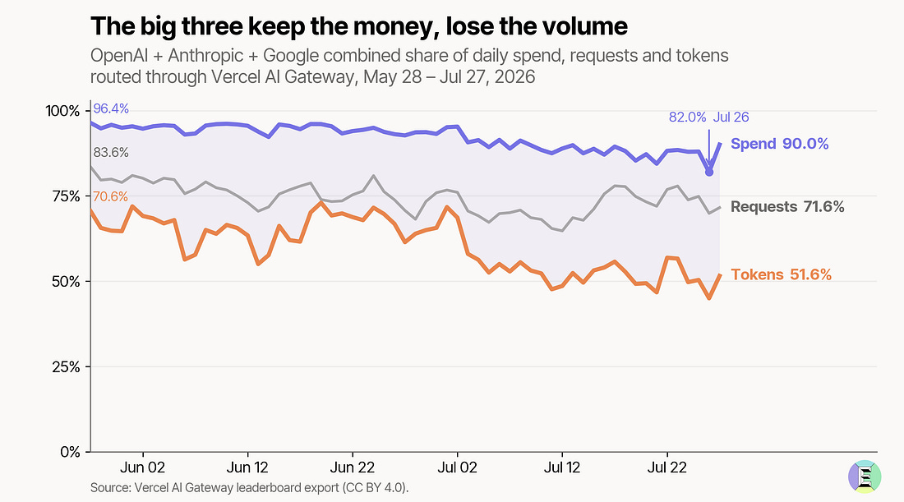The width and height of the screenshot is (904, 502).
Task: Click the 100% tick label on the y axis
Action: coord(62,111)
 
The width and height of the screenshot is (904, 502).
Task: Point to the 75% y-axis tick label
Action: coord(66,196)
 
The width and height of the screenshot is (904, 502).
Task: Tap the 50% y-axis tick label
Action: coord(66,282)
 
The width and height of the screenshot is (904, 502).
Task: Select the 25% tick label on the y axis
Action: coord(66,367)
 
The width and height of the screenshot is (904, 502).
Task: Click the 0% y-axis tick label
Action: coord(70,453)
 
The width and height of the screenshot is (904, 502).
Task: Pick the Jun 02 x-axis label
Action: coord(143,467)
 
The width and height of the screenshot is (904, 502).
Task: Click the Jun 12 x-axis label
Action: coord(248,467)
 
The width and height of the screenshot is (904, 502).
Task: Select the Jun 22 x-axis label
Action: coord(353,467)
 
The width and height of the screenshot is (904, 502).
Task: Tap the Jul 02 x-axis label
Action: coord(457,467)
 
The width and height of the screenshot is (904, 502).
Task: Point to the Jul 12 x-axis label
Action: coord(562,467)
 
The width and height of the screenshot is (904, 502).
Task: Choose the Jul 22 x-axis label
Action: coord(667,467)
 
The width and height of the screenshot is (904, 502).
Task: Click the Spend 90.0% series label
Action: coord(779,144)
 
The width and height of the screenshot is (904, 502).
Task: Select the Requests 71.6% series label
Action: coord(787,207)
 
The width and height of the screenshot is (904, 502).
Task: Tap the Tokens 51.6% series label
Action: coord(782,275)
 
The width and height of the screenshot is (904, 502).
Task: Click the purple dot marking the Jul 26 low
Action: coord(709,172)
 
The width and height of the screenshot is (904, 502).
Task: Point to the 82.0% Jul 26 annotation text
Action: coord(708,117)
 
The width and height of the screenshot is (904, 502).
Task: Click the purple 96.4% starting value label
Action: coord(111,109)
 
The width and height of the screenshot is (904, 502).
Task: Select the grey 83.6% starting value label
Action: coord(111,153)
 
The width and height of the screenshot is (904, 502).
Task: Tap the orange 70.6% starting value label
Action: coord(110,196)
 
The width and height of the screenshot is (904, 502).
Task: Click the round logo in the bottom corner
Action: coord(865,477)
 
